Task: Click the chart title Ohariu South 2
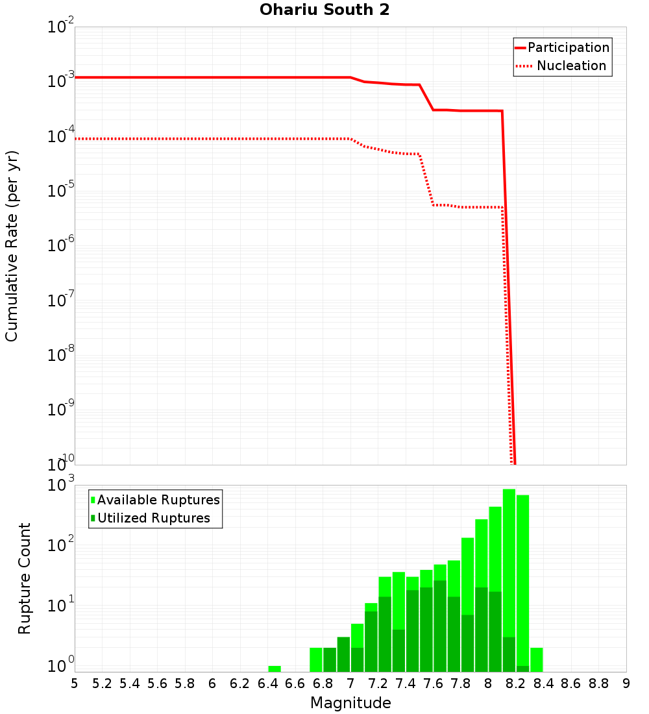coord(324,10)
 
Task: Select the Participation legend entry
coord(569,47)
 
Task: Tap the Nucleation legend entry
coord(571,66)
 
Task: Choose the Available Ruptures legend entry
coord(158,500)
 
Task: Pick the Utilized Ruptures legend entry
coord(153,518)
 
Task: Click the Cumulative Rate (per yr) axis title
coord(12,246)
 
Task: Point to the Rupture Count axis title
coord(25,578)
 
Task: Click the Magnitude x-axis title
coord(350,703)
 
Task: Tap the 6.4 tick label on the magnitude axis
coord(267,683)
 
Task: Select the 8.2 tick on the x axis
coord(516,683)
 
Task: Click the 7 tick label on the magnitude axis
coord(350,683)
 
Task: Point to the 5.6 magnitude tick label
coord(157,683)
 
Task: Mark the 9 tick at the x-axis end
coord(626,683)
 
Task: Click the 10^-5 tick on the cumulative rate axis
coord(62,191)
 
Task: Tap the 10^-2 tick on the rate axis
coord(62,27)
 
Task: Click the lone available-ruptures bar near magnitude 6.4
coord(275,669)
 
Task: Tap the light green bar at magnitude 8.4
coord(537,659)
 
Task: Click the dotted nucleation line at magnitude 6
coord(212,139)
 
